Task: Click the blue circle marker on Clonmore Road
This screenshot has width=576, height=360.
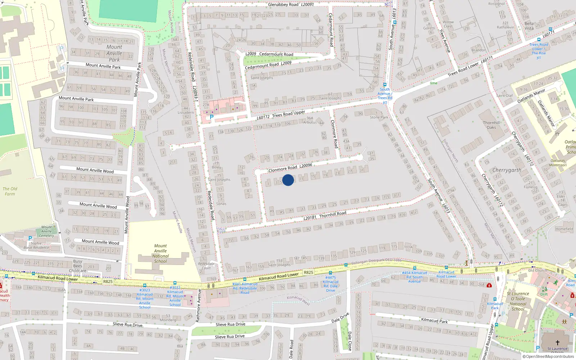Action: pyautogui.click(x=288, y=180)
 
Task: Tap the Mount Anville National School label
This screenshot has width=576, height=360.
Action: pyautogui.click(x=161, y=253)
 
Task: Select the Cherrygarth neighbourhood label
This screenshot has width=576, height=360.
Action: pyautogui.click(x=507, y=170)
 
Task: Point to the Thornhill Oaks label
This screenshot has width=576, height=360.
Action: pyautogui.click(x=491, y=125)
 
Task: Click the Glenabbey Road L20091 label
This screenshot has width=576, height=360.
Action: pyautogui.click(x=291, y=5)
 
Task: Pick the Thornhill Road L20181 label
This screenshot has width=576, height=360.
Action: pyautogui.click(x=325, y=215)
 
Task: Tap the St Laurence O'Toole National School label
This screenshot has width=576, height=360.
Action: pyautogui.click(x=518, y=301)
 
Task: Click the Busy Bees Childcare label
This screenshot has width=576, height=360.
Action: pyautogui.click(x=78, y=266)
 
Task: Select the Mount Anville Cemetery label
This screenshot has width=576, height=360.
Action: pyautogui.click(x=46, y=231)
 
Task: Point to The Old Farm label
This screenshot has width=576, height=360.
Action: pyautogui.click(x=10, y=191)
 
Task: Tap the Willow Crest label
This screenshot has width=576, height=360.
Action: pyautogui.click(x=448, y=24)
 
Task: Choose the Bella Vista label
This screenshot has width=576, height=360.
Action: pyautogui.click(x=529, y=26)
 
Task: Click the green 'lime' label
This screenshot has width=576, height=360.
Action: pyautogui.click(x=433, y=83)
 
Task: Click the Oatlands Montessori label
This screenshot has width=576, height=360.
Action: pyautogui.click(x=558, y=163)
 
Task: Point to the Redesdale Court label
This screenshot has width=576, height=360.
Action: pyautogui.click(x=206, y=266)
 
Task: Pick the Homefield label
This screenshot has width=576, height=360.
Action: pyautogui.click(x=564, y=229)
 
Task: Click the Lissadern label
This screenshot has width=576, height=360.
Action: pyautogui.click(x=186, y=112)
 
